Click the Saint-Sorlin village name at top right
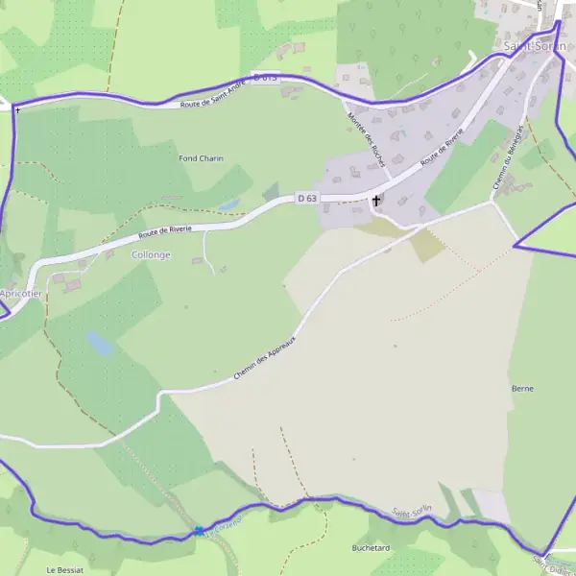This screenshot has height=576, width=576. tap(534, 45)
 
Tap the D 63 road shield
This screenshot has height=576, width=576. tap(307, 198)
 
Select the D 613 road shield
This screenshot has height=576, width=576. tap(265, 76)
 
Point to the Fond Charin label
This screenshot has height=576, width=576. tap(202, 157)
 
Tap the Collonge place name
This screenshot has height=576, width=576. tap(151, 254)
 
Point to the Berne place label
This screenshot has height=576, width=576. tap(523, 388)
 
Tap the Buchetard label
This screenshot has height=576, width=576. tap(371, 547)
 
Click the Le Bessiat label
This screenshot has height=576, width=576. tap(65, 569)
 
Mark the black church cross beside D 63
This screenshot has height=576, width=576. tap(376, 201)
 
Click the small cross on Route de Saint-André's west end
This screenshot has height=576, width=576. tap(17, 108)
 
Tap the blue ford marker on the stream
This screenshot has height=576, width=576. tap(199, 531)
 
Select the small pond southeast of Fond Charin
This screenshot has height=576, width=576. tap(228, 204)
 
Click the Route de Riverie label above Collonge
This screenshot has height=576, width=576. tap(164, 230)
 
